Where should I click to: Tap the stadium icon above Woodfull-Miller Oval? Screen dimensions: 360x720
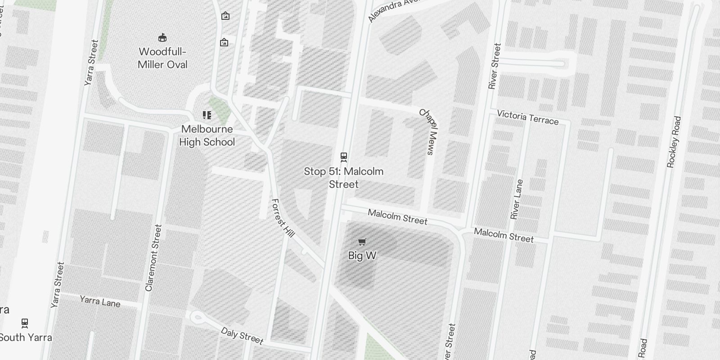[x=162, y=37]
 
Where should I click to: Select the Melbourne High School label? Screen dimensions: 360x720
[x=207, y=135]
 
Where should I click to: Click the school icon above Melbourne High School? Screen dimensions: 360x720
[x=207, y=115]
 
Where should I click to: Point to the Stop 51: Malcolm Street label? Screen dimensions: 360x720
[x=344, y=178]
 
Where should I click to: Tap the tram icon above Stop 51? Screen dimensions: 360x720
[x=344, y=157]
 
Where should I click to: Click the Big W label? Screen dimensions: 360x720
[x=362, y=256]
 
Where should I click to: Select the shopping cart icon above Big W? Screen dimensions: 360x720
[x=362, y=242]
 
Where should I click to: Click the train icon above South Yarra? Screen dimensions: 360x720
[x=25, y=323]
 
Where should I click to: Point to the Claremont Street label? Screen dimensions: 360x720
[x=153, y=258]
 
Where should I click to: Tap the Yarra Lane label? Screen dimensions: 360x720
[x=100, y=301]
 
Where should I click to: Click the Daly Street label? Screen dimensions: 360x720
[x=242, y=336]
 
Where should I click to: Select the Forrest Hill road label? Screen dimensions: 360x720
[x=283, y=218]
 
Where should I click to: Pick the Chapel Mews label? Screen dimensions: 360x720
[x=428, y=131]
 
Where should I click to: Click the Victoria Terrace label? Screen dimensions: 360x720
[x=527, y=117]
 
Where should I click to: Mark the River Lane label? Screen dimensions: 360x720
[x=517, y=199]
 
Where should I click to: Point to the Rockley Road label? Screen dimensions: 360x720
[x=674, y=142]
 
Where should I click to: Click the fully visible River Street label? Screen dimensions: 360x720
[x=494, y=66]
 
